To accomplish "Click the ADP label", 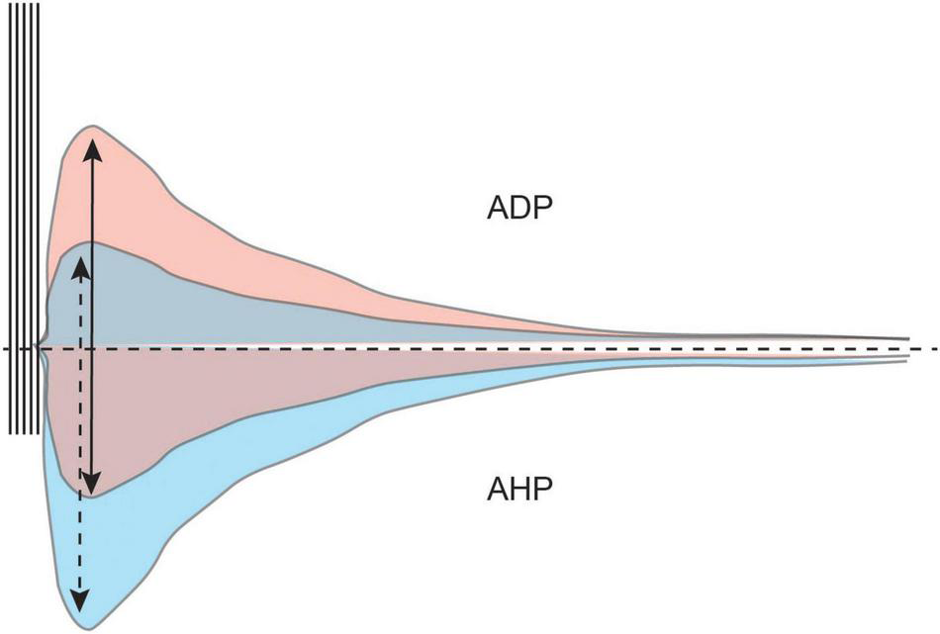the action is click(x=518, y=210).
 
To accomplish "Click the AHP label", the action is click(x=518, y=490).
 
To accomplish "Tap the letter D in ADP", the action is click(x=518, y=210).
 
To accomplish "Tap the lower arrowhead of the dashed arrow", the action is click(x=79, y=602).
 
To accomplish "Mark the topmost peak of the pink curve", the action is click(x=93, y=126).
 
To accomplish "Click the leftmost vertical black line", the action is click(x=11, y=218).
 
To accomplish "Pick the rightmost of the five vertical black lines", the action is click(x=39, y=218).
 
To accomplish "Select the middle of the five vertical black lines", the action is click(x=25, y=218).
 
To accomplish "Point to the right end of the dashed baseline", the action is click(x=934, y=349).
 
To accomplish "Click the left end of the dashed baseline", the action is click(x=6, y=349).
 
